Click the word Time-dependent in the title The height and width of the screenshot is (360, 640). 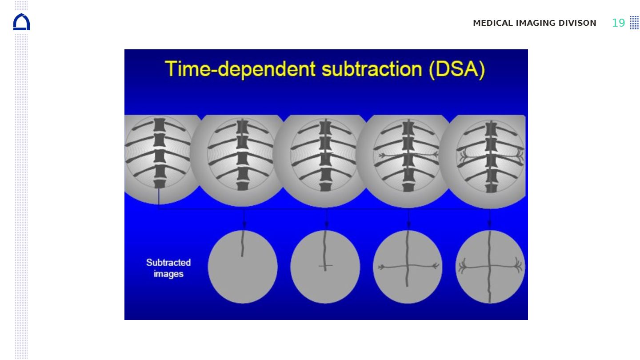point(240,69)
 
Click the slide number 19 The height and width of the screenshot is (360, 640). point(618,23)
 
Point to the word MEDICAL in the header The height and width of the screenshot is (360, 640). point(493,23)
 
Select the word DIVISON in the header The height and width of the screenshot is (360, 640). point(577,23)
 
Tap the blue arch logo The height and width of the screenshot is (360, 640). point(21,22)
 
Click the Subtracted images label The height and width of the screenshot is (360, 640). point(168,268)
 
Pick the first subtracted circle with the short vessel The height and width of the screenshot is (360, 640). point(243,267)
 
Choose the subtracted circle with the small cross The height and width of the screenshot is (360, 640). point(325,267)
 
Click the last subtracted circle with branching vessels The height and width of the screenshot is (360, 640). point(490,267)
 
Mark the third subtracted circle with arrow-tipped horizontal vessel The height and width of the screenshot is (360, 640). point(408,267)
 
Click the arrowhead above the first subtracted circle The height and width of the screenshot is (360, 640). point(244,224)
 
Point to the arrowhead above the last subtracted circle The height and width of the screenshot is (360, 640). point(489,224)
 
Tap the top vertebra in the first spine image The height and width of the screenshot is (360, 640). point(160,124)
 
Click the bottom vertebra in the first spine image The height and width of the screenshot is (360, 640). point(160,184)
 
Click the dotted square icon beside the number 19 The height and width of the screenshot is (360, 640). point(635,23)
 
